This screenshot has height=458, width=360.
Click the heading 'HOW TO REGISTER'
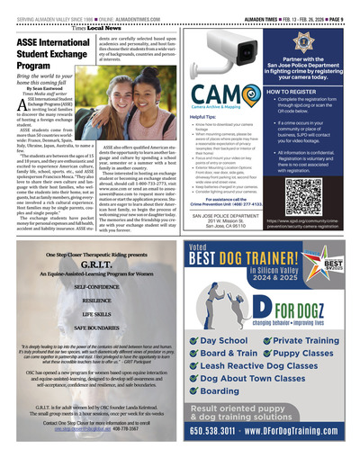[x=285, y=92]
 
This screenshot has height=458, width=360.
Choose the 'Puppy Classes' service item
[x=303, y=354]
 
